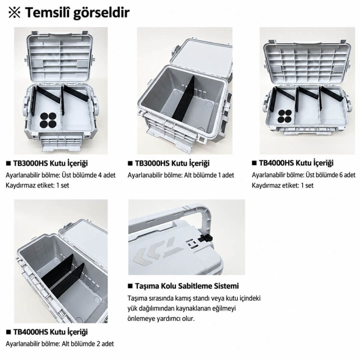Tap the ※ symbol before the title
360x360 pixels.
14,13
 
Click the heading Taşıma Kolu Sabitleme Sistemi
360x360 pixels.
187,286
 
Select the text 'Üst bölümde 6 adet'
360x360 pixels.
330,175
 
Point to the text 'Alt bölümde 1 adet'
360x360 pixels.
209,175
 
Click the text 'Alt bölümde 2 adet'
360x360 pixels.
88,344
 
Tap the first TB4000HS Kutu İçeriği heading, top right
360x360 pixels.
296,163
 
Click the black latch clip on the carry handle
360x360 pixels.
204,239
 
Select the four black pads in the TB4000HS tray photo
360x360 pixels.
285,116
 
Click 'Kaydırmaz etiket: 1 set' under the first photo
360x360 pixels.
37,185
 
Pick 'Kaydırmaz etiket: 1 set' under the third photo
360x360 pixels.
283,185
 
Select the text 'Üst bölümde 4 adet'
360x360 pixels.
88,175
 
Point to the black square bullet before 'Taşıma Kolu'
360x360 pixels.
130,286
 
